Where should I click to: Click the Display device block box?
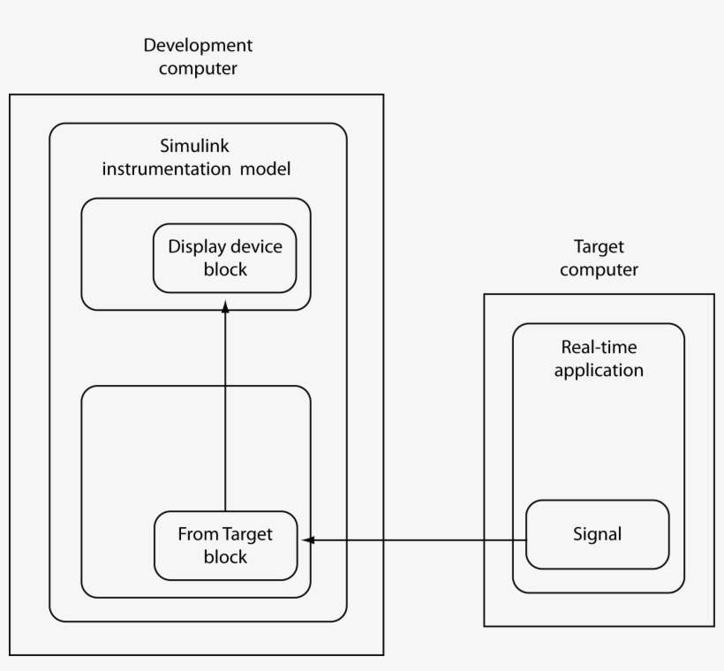tap(224, 257)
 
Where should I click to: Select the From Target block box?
tap(225, 546)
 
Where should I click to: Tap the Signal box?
tap(597, 535)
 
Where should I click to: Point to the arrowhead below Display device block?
tap(225, 305)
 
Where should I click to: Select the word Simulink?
tap(193, 146)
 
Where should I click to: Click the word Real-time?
tap(599, 348)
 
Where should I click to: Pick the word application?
tap(599, 370)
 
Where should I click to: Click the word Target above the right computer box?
tap(599, 246)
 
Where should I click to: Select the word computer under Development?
tap(199, 68)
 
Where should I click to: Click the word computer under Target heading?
tap(599, 269)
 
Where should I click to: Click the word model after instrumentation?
tap(266, 168)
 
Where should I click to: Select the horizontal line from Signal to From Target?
tap(415, 539)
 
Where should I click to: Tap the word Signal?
tap(597, 534)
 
